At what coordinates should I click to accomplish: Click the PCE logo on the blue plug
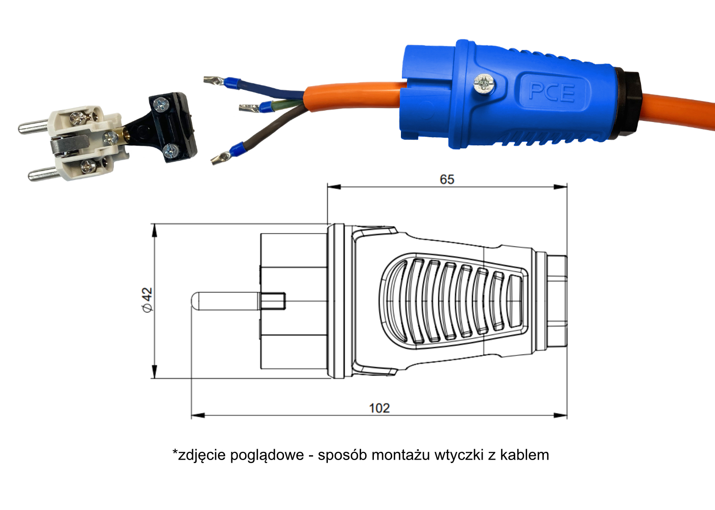[x=552, y=92]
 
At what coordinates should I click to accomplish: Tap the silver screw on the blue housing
[x=485, y=84]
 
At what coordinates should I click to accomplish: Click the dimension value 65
[x=446, y=180]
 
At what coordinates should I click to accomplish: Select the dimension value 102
[x=379, y=408]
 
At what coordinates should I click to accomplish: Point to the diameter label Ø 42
[x=148, y=300]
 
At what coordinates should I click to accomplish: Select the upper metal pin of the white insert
[x=33, y=127]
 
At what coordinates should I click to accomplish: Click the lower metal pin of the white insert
[x=43, y=174]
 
